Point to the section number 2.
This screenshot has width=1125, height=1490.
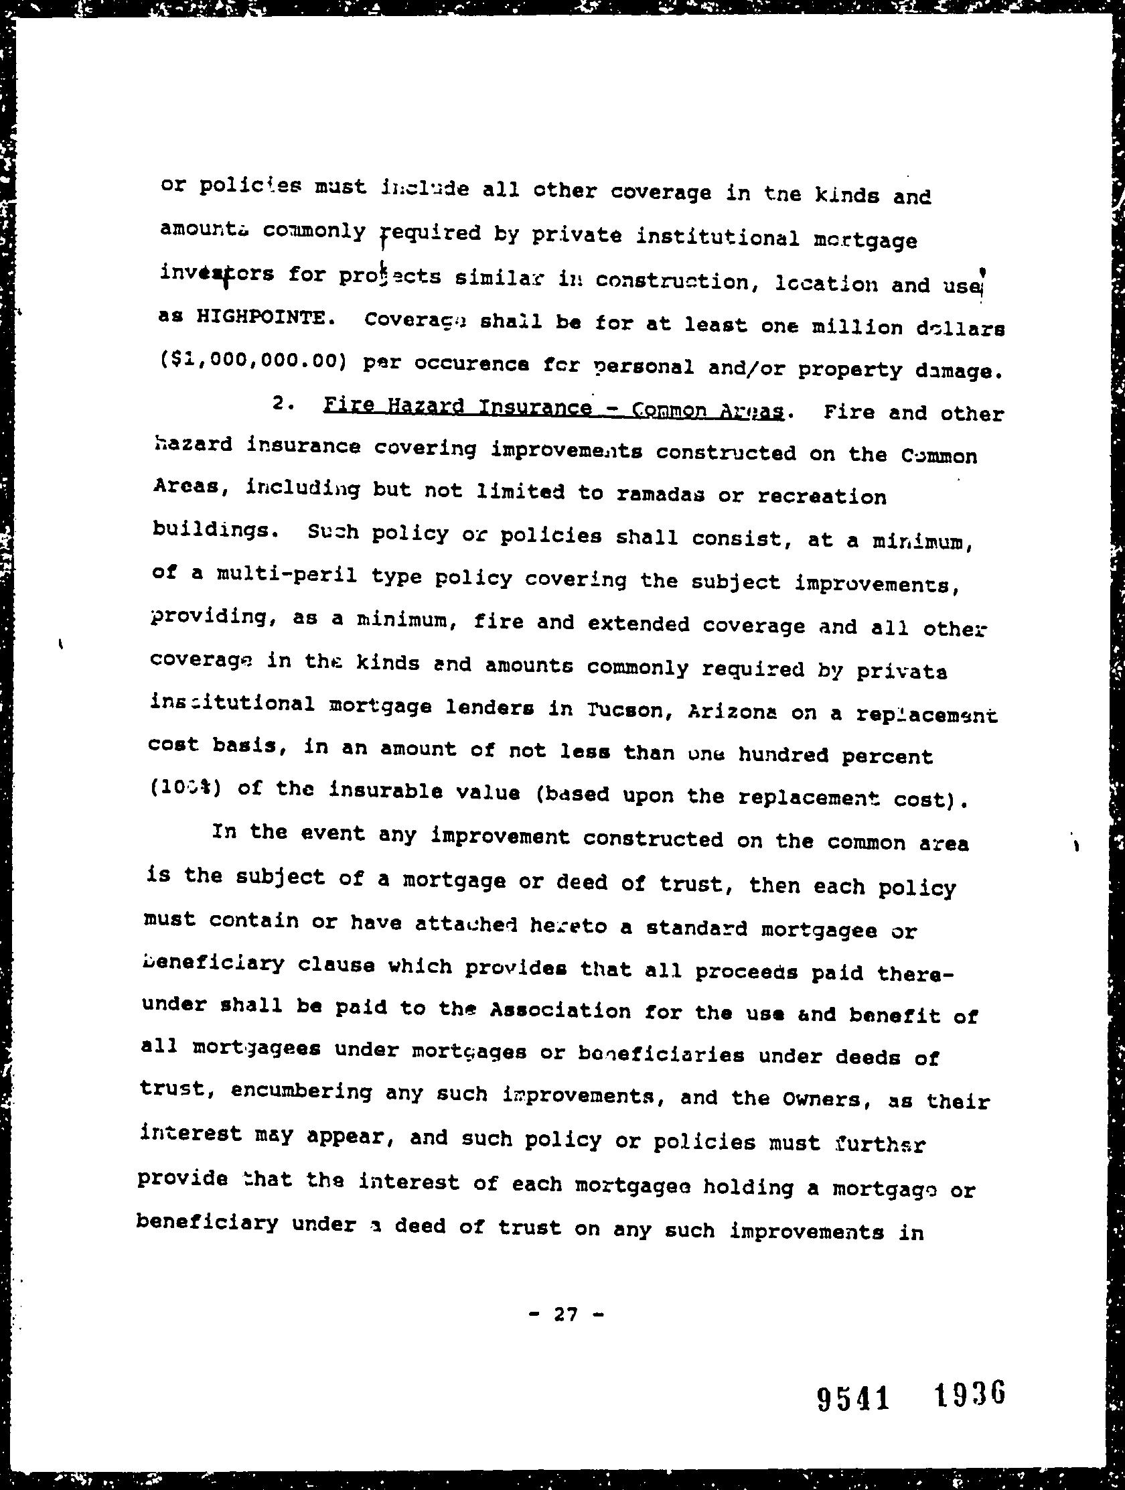pyautogui.click(x=281, y=404)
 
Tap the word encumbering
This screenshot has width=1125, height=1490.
pyautogui.click(x=301, y=1091)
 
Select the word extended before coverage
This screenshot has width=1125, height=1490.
pyautogui.click(x=638, y=623)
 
